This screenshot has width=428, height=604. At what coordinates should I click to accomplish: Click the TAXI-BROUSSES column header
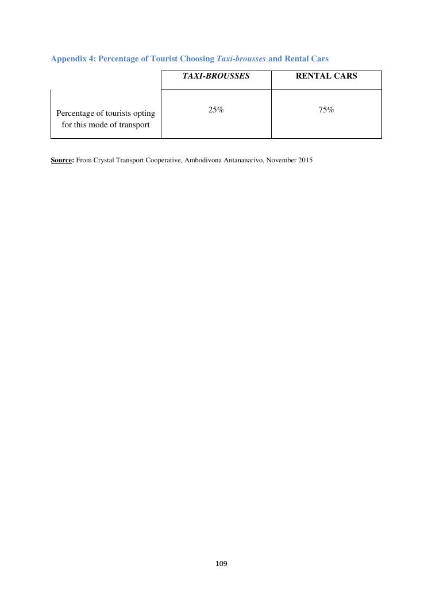pos(216,76)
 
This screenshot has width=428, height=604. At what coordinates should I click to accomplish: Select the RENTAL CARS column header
pos(326,76)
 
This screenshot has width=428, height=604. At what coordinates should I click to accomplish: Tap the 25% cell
pos(216,110)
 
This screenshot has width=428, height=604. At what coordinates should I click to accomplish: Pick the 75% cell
pos(326,110)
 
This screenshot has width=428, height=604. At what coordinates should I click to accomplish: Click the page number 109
pos(221,564)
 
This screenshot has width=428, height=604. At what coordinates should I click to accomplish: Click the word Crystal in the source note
pos(103,161)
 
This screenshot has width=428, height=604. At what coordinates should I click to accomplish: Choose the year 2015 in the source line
pos(304,161)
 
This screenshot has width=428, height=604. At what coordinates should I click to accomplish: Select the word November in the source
pos(279,161)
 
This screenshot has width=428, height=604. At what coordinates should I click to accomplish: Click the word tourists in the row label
pos(121,114)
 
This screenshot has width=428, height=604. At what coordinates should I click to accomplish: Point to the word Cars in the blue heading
pos(318,59)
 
